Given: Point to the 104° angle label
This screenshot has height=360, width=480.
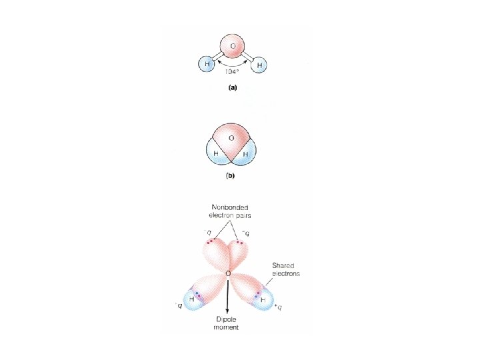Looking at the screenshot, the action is click(x=232, y=71).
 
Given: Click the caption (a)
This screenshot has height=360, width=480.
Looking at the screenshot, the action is click(x=232, y=87).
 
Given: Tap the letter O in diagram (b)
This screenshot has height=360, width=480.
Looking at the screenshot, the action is click(x=231, y=138).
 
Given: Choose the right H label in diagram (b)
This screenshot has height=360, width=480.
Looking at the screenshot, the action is click(x=245, y=154).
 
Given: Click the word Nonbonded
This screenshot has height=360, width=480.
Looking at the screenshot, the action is click(x=227, y=207).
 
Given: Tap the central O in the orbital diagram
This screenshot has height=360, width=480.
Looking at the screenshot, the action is click(x=228, y=274).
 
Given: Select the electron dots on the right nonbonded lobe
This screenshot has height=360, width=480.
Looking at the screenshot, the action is click(x=240, y=243).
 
